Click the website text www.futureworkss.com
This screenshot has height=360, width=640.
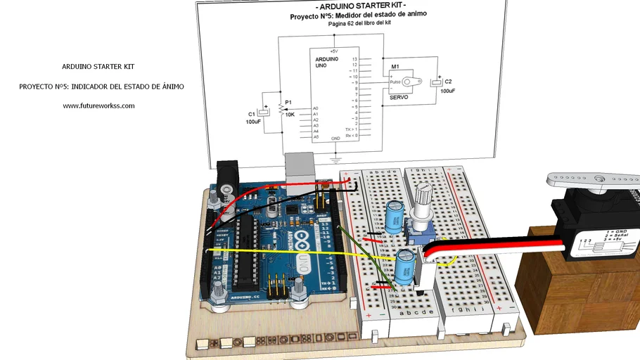point(98,106)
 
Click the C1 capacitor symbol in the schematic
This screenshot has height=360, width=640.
point(264,111)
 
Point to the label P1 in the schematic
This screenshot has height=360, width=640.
point(288,102)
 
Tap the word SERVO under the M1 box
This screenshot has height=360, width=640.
point(398,96)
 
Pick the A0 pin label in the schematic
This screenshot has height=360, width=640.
point(316,108)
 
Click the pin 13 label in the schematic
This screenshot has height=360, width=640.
point(355,60)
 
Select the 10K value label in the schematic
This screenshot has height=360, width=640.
point(290,114)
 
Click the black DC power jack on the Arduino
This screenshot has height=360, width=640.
point(228,176)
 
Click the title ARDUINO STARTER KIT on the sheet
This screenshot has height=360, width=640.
point(352,6)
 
